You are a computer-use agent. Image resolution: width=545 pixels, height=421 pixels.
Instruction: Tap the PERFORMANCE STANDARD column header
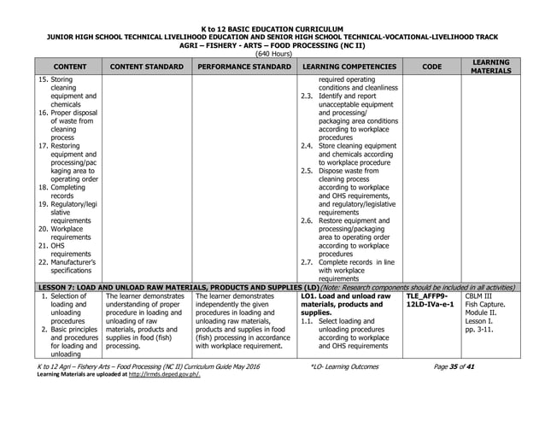coord(243,66)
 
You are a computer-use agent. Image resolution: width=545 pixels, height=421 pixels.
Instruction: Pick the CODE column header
coord(431,66)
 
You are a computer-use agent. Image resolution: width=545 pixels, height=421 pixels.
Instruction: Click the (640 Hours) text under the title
coord(272,52)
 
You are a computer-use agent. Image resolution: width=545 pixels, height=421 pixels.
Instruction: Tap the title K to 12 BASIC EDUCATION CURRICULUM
coord(272,29)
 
